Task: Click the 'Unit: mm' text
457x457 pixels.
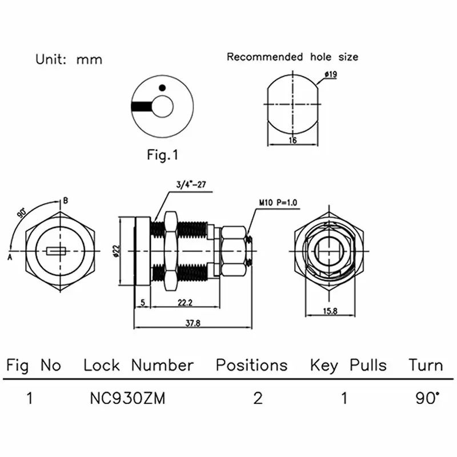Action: click(x=69, y=59)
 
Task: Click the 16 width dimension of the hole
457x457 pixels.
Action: click(x=292, y=140)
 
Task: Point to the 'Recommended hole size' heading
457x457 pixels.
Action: click(x=292, y=57)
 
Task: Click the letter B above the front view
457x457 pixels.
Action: click(x=66, y=201)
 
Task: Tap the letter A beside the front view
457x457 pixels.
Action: click(x=10, y=256)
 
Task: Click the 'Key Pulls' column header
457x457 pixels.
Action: click(x=348, y=365)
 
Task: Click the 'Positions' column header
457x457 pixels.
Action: click(x=251, y=365)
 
